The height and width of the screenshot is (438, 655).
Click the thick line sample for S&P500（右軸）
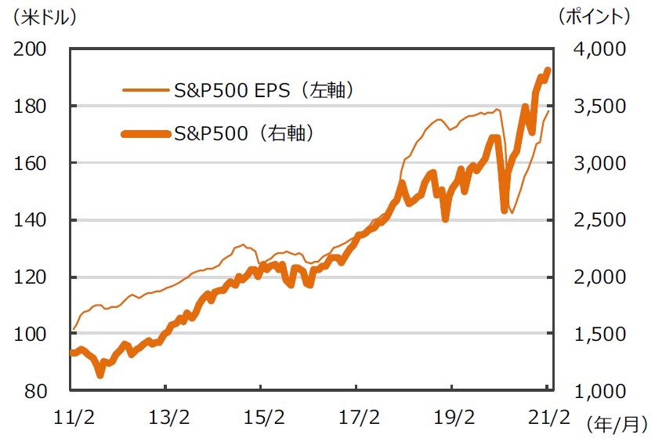click(x=147, y=134)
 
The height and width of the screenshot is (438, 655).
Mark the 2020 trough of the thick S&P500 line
click(x=505, y=209)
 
